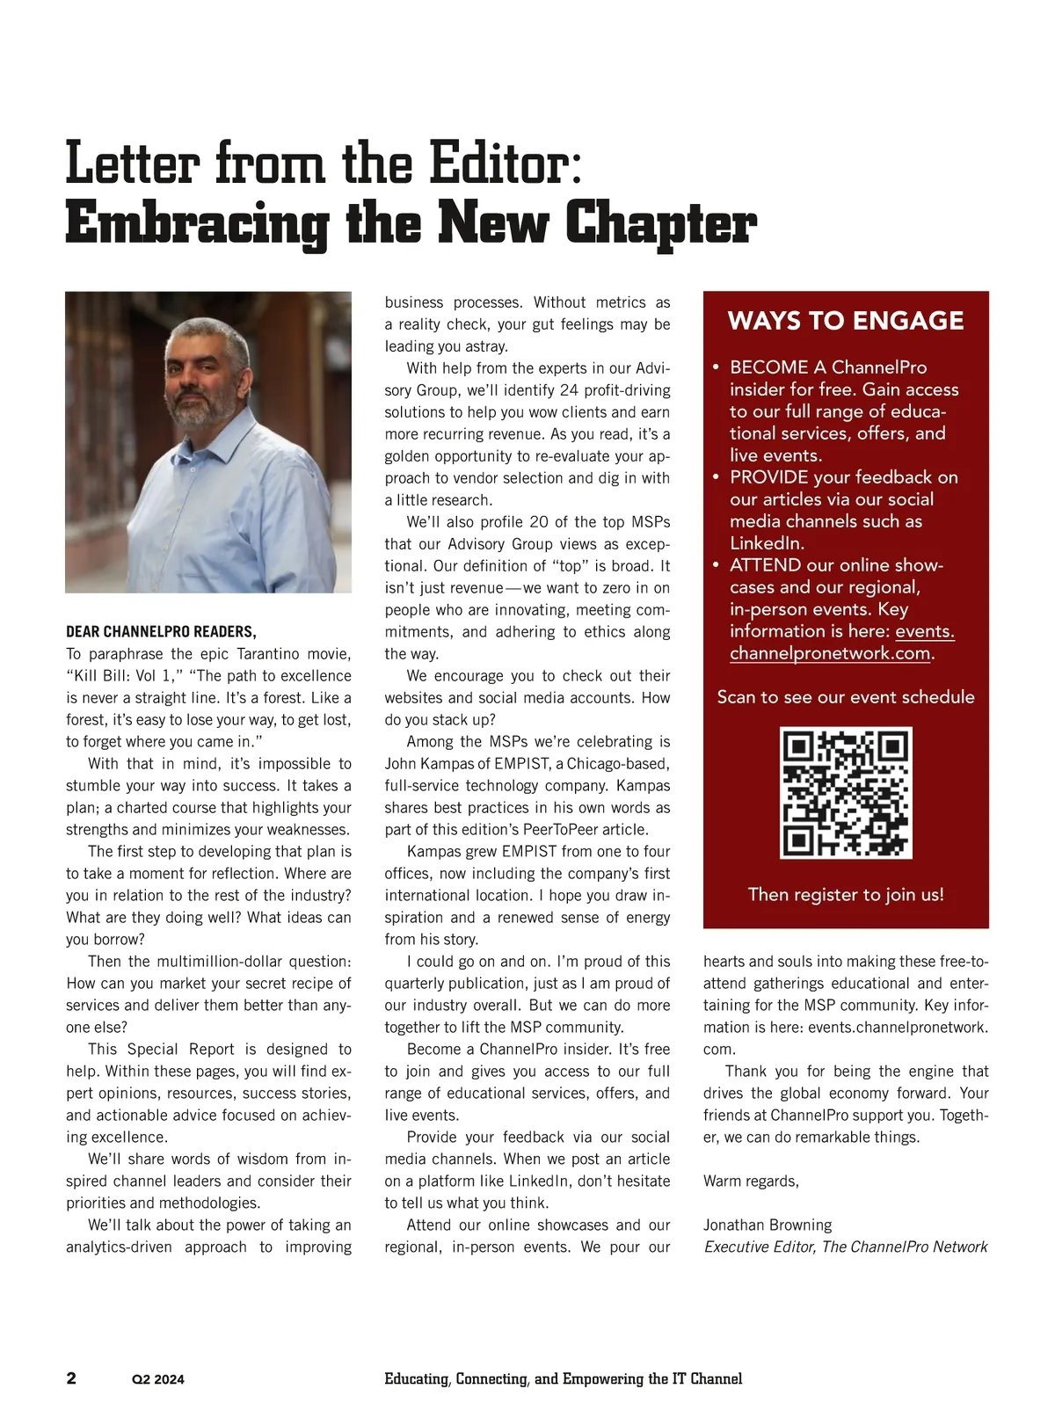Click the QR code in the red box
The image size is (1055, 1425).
pyautogui.click(x=846, y=793)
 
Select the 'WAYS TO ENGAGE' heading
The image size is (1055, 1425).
pyautogui.click(x=846, y=321)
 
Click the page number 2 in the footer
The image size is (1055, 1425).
pyautogui.click(x=71, y=1378)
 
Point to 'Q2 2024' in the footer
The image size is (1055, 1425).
pyautogui.click(x=158, y=1379)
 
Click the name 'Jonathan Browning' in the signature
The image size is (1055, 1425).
pyautogui.click(x=768, y=1225)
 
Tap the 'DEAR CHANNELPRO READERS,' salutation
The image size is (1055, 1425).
pyautogui.click(x=161, y=631)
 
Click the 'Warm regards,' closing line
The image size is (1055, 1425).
pyautogui.click(x=751, y=1181)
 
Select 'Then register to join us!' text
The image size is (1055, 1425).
pyautogui.click(x=846, y=894)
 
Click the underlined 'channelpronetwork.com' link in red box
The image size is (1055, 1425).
pyautogui.click(x=830, y=653)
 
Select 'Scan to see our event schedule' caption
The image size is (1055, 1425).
pyautogui.click(x=846, y=697)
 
